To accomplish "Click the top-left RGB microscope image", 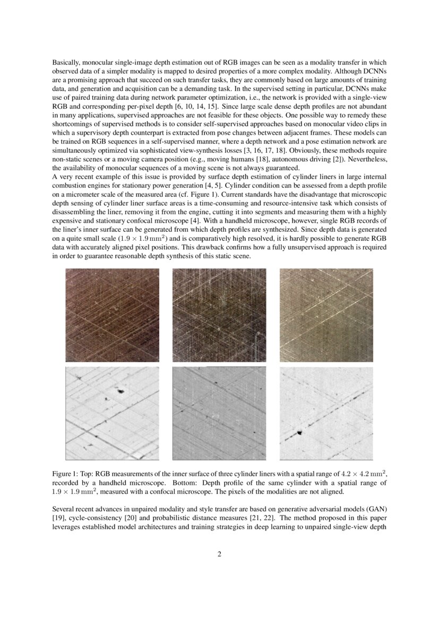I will pyautogui.click(x=112, y=315).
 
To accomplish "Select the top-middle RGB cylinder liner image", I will pyautogui.click(x=219, y=315).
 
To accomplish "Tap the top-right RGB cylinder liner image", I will pyautogui.click(x=326, y=315).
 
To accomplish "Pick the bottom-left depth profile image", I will pyautogui.click(x=112, y=413).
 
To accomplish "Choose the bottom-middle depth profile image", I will pyautogui.click(x=219, y=413).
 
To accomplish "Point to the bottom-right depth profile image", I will pyautogui.click(x=326, y=413).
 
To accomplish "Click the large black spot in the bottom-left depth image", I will pyautogui.click(x=120, y=392).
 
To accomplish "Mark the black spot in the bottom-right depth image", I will pyautogui.click(x=299, y=432).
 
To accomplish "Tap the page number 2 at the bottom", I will pyautogui.click(x=219, y=555).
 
